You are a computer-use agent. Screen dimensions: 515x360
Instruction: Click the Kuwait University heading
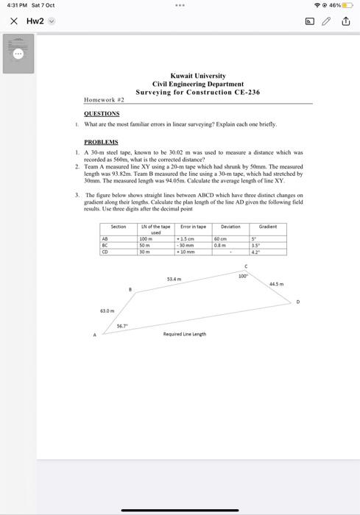pos(197,76)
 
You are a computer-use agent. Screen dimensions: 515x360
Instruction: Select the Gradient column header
pos(268,227)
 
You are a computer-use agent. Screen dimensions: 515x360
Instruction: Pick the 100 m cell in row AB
pos(145,239)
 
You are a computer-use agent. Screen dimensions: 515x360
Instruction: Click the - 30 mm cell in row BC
pos(186,244)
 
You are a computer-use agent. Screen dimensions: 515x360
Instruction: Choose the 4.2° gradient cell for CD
pos(255,249)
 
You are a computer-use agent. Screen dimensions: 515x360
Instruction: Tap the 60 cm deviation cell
pos(219,239)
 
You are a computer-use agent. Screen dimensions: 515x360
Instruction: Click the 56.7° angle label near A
pos(122,326)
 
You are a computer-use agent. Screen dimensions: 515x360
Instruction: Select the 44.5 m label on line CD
pos(276,284)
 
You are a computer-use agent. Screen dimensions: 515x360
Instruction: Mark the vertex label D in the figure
pos(298,302)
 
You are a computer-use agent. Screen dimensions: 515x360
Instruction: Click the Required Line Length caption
pos(184,334)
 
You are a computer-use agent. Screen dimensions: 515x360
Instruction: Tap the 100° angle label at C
pos(242,275)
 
